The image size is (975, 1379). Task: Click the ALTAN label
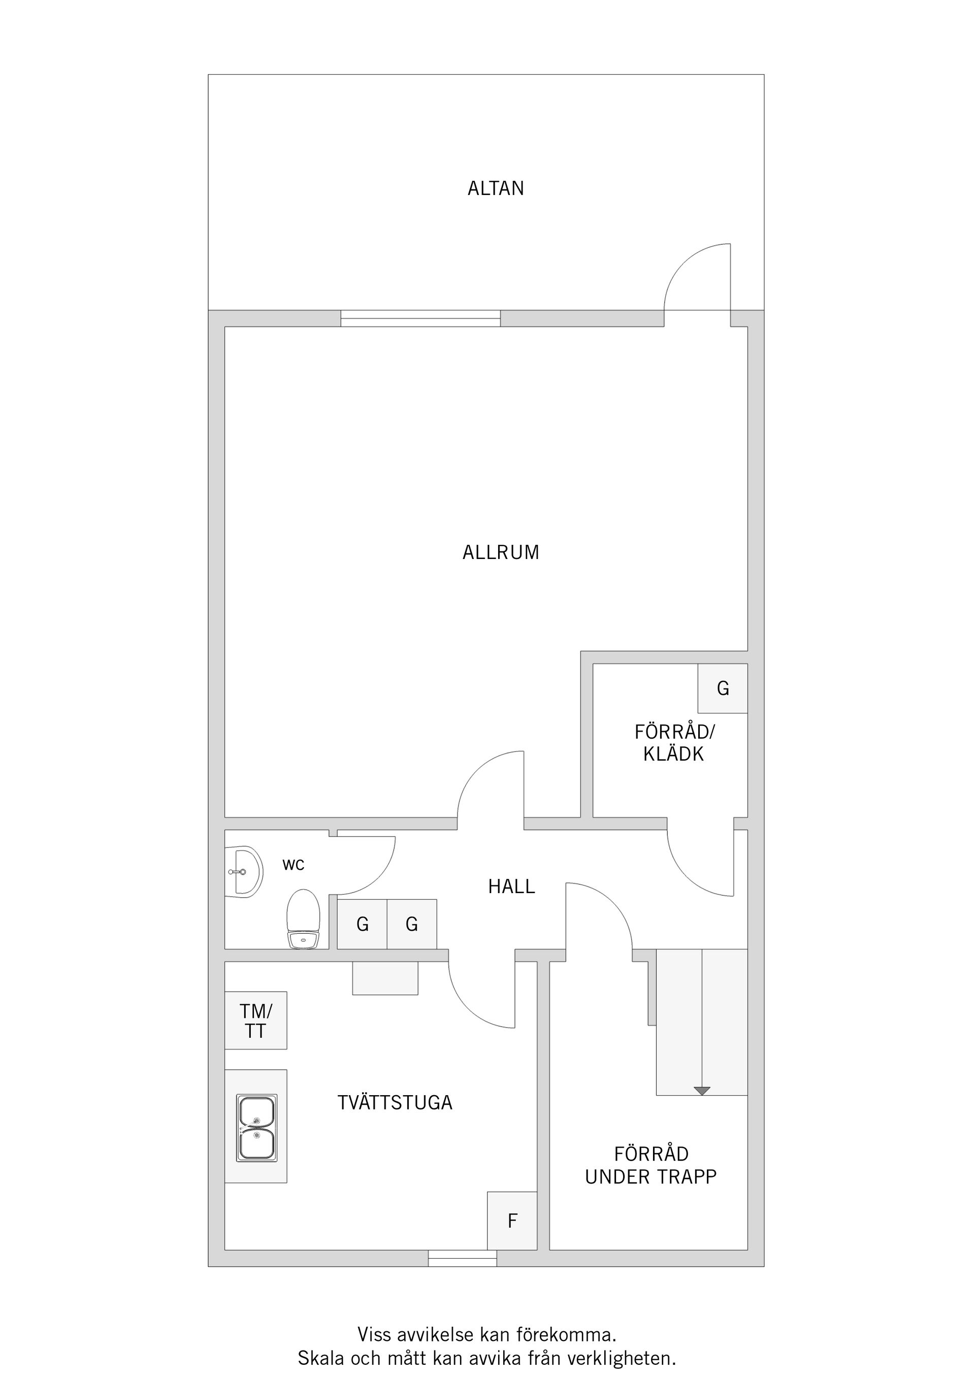496,188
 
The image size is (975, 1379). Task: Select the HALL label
511,886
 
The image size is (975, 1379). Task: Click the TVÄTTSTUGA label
395,1103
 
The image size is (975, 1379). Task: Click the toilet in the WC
303,919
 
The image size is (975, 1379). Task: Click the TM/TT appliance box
256,1021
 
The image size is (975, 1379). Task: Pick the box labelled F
512,1221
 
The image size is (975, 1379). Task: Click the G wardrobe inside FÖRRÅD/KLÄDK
723,688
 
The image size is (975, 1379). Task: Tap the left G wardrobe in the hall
362,925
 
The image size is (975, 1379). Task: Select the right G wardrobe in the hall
411,925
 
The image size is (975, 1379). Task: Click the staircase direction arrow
702,1091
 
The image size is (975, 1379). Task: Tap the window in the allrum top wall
420,318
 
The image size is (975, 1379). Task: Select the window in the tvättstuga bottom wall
463,1258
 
